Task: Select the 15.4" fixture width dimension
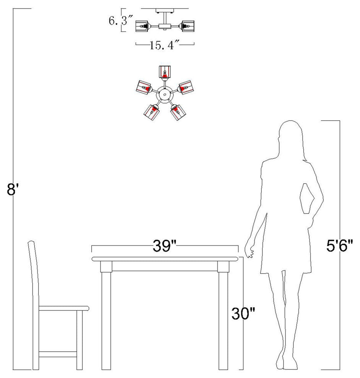(x=165, y=46)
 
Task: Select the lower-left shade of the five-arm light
(x=151, y=112)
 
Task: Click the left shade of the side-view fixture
(x=142, y=25)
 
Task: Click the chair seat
(x=63, y=308)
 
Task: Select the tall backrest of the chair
(x=34, y=275)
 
